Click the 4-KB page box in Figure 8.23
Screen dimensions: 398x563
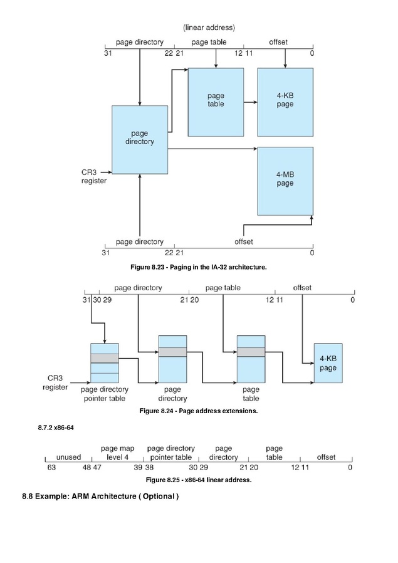coord(285,102)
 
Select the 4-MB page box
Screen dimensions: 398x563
coord(285,181)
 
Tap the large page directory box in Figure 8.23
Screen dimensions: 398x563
coord(140,140)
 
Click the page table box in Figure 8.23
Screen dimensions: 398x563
coord(216,102)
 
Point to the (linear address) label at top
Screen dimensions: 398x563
coord(209,28)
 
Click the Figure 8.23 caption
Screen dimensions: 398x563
coord(199,267)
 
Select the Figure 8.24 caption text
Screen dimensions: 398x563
coord(199,411)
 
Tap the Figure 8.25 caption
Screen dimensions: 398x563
coord(199,480)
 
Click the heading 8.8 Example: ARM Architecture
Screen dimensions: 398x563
coord(100,496)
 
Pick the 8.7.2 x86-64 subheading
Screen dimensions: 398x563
coord(56,428)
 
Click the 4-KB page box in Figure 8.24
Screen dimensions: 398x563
coord(328,363)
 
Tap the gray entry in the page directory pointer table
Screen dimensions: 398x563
coord(105,358)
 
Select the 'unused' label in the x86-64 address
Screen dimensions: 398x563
coord(68,457)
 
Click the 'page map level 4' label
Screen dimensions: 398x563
coord(117,453)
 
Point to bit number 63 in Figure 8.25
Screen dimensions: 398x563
coord(51,467)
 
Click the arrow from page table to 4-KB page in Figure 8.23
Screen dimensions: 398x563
coord(251,102)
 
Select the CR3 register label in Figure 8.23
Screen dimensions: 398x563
coord(93,176)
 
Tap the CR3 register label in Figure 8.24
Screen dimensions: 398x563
coord(55,382)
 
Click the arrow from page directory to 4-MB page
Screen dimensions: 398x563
coord(212,149)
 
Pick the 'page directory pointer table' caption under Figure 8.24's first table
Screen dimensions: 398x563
coord(105,394)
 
